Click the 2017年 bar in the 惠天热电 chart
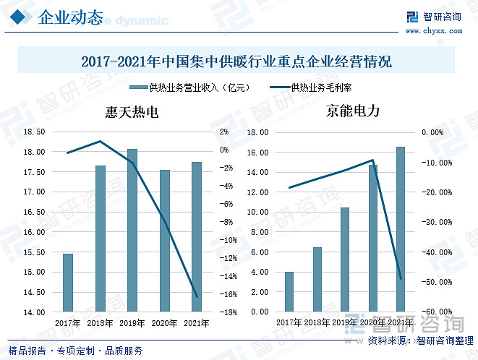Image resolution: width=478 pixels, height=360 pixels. click(68, 283)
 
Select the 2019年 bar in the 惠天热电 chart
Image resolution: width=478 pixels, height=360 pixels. click(132, 231)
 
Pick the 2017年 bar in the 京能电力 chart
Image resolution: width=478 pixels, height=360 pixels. click(289, 292)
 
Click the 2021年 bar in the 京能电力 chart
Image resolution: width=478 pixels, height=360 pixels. click(401, 229)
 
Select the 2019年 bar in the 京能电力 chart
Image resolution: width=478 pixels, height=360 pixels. click(345, 260)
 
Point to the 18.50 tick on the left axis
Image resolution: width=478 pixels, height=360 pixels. click(35, 132)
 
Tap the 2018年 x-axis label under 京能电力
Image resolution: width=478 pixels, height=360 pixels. click(317, 323)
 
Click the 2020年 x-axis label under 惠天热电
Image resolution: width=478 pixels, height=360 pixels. click(164, 323)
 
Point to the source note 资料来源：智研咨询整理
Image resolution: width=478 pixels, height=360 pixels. click(419, 340)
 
